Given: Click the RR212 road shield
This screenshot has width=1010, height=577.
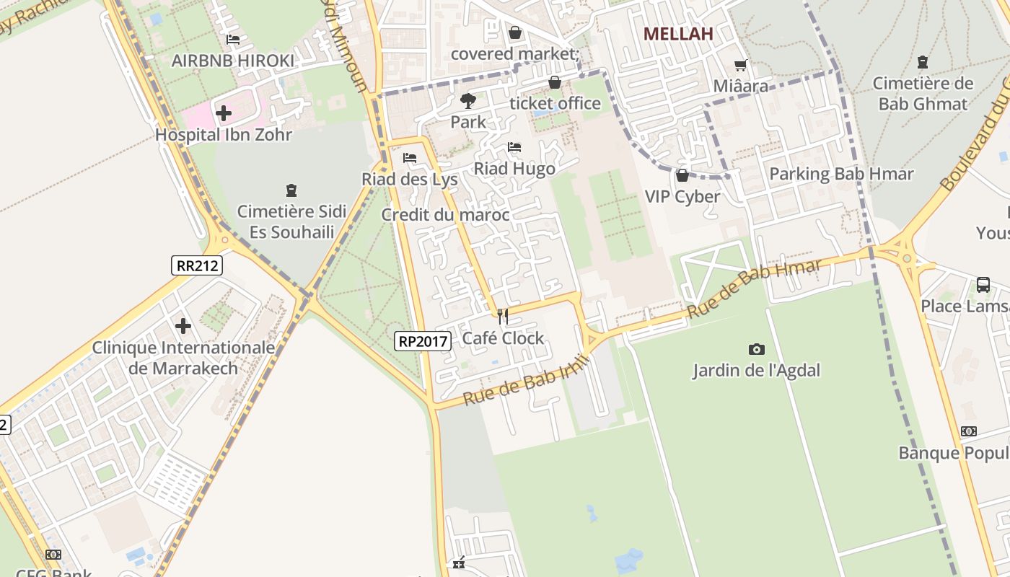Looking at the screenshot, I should (197, 265).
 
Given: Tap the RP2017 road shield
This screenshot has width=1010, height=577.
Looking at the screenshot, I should (423, 341).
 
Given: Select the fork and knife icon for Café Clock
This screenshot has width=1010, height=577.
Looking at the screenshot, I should (503, 316).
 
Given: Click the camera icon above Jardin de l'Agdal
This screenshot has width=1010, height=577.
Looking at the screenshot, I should (756, 350).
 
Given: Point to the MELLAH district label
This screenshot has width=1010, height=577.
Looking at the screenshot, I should (678, 34).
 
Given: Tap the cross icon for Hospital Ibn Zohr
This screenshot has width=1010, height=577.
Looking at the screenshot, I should (224, 113).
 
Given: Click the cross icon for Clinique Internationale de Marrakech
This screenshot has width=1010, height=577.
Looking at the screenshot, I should (183, 326).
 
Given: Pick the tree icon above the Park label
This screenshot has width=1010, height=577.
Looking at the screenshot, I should (468, 100).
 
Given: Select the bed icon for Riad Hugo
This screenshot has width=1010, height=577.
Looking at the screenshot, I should (514, 147).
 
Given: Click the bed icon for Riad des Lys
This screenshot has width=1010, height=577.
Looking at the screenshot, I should (410, 157).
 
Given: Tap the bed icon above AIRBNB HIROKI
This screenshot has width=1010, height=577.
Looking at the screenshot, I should (233, 40).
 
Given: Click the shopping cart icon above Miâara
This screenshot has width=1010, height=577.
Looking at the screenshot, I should (740, 65).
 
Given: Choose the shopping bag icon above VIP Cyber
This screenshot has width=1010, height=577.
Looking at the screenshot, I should (682, 175).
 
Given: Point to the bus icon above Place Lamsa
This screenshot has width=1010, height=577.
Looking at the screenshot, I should (983, 284).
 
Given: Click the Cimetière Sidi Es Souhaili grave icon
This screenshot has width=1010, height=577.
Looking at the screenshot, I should (291, 190).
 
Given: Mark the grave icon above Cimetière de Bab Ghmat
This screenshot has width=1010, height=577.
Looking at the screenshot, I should (922, 62).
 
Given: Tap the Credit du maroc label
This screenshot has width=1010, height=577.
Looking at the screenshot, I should (445, 215).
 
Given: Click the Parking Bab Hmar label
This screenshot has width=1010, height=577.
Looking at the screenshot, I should (841, 174).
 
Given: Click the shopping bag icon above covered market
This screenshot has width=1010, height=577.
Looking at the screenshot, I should (515, 32).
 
